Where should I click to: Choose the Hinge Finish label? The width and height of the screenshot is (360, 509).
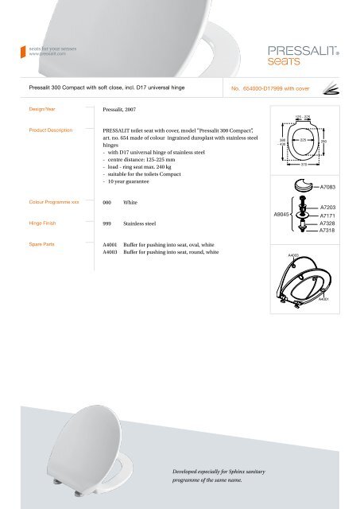[x=39, y=225]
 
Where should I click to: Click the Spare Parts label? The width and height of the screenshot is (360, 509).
[x=37, y=245]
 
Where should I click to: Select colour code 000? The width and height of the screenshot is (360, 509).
[x=108, y=204]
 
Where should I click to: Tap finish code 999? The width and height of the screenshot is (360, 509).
[x=108, y=226]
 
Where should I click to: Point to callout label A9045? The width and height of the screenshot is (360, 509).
[x=283, y=215]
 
